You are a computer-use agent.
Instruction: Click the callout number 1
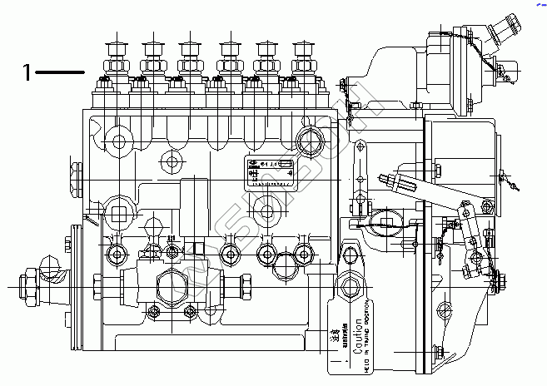pos(27,73)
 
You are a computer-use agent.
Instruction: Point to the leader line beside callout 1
pos(61,73)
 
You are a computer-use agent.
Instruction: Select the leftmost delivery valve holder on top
pos(114,61)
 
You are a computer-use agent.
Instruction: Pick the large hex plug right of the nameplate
pos(314,139)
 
